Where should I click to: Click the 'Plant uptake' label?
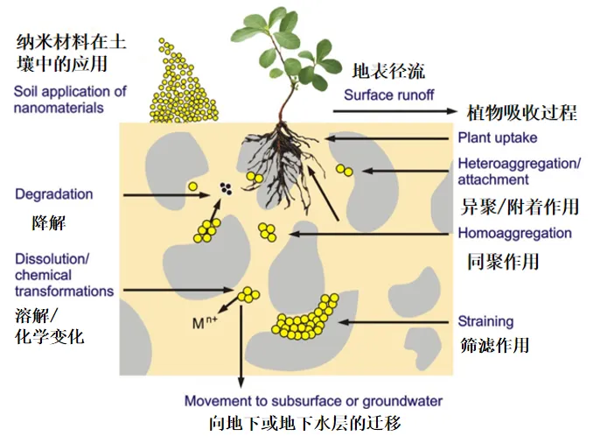pyautogui.click(x=497, y=137)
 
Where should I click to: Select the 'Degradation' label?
pyautogui.click(x=53, y=194)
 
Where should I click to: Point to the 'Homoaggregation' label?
pyautogui.click(x=514, y=234)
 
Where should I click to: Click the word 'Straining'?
pyautogui.click(x=485, y=321)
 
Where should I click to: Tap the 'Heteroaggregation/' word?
pyautogui.click(x=519, y=164)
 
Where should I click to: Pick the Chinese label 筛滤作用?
pyautogui.click(x=494, y=344)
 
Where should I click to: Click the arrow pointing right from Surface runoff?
pyautogui.click(x=394, y=111)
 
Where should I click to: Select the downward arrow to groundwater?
pyautogui.click(x=241, y=350)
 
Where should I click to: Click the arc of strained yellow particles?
pyautogui.click(x=305, y=320)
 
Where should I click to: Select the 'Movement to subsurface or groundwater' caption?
pyautogui.click(x=313, y=401)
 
